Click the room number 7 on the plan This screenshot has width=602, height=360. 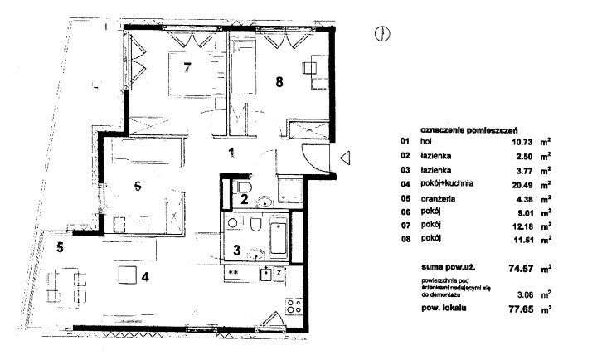click(x=188, y=66)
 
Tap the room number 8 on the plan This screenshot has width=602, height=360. click(x=279, y=81)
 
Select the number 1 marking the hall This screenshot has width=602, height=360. click(x=232, y=152)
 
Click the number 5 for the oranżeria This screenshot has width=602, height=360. click(x=60, y=246)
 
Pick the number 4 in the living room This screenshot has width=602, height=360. click(x=145, y=276)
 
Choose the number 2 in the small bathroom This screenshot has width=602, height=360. click(x=244, y=197)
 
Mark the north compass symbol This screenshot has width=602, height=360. click(x=383, y=34)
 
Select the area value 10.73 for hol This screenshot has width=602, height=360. click(x=511, y=142)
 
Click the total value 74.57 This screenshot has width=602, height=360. click(x=509, y=267)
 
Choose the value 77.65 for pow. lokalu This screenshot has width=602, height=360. click(x=509, y=308)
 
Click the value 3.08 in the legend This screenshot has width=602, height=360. click(x=513, y=294)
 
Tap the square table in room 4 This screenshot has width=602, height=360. click(x=127, y=274)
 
